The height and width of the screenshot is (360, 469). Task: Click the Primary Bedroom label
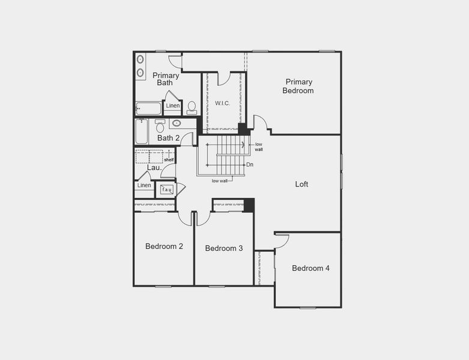click(299, 86)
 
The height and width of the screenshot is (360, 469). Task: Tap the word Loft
click(301, 184)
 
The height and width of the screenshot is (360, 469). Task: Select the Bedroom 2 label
click(164, 246)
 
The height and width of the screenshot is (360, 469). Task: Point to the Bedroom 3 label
click(223, 248)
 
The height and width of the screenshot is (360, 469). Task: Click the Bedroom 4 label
click(310, 268)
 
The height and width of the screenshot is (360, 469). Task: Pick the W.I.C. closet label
click(222, 103)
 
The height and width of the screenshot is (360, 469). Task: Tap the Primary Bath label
click(165, 79)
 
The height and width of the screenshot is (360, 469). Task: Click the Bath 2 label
click(168, 138)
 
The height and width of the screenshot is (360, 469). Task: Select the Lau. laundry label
click(153, 168)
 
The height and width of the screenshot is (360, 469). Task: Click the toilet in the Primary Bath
click(192, 107)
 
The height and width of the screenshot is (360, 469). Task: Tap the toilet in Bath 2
click(160, 127)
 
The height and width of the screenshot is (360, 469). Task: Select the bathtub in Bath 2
click(141, 131)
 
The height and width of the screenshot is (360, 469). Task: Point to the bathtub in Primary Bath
click(148, 109)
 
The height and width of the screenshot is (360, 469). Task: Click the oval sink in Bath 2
click(177, 124)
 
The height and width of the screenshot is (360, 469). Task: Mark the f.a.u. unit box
click(166, 190)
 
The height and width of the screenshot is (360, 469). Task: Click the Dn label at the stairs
click(249, 164)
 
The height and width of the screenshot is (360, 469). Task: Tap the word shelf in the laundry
click(169, 160)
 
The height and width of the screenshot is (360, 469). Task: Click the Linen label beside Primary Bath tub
click(173, 106)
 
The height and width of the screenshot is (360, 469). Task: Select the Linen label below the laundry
click(144, 185)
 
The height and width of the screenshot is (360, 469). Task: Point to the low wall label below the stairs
click(219, 181)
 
